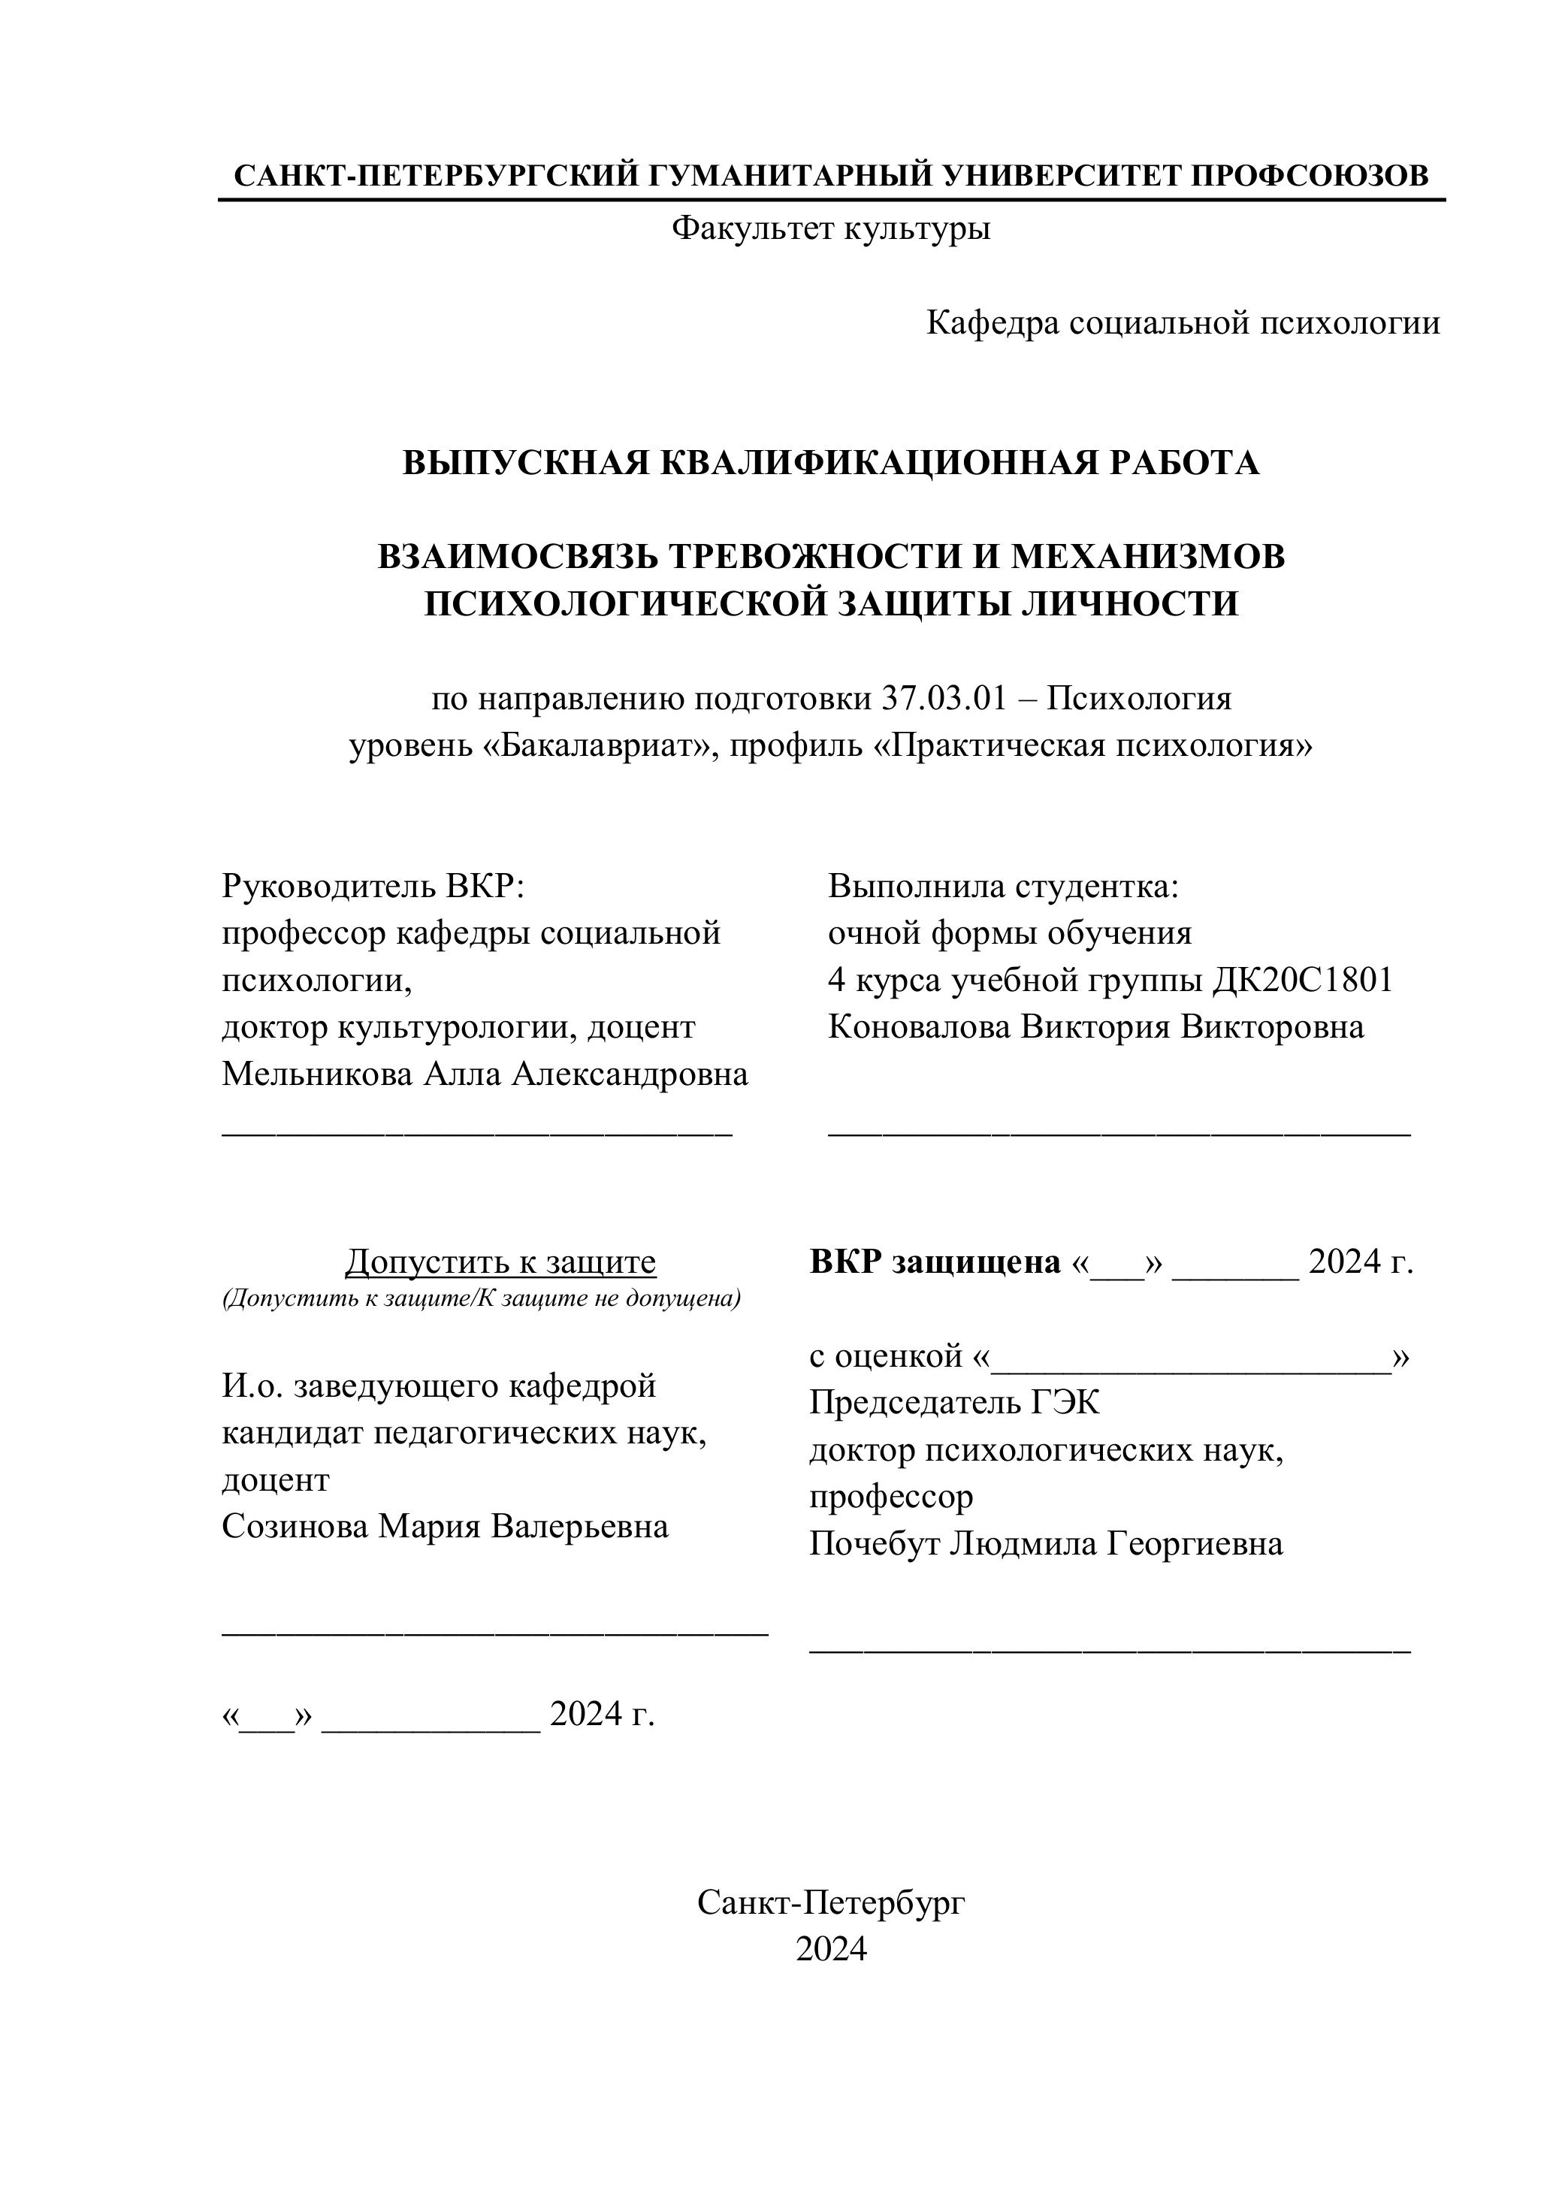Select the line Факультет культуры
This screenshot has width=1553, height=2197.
pyautogui.click(x=830, y=228)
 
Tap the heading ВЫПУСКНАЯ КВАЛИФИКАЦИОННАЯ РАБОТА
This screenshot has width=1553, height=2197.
pyautogui.click(x=830, y=462)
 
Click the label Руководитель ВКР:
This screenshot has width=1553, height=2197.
pyautogui.click(x=373, y=886)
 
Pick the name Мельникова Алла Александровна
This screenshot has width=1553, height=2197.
pyautogui.click(x=484, y=1074)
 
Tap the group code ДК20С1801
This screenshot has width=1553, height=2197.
pyautogui.click(x=1302, y=980)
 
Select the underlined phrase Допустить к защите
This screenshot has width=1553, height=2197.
pyautogui.click(x=500, y=1262)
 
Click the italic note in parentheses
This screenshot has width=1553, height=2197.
pyautogui.click(x=482, y=1299)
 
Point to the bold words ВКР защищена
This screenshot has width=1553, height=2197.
pyautogui.click(x=935, y=1262)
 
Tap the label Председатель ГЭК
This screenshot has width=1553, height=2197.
pyautogui.click(x=954, y=1403)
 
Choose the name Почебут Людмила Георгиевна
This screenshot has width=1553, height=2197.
pyautogui.click(x=1046, y=1543)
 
